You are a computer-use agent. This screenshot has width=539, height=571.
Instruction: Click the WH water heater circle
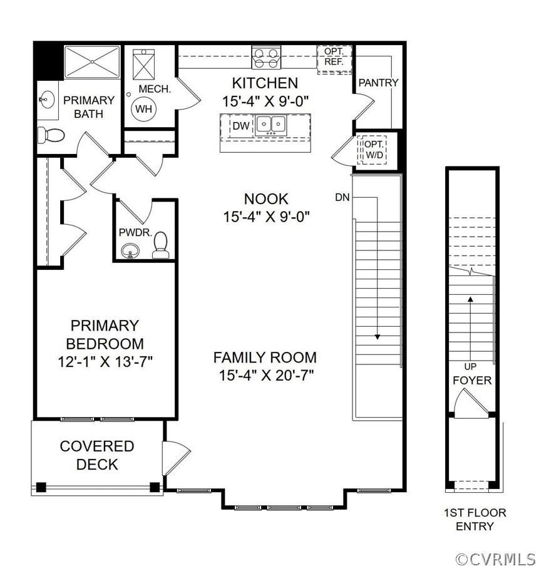click(x=144, y=109)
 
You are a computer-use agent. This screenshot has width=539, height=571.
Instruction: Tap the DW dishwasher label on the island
click(x=242, y=126)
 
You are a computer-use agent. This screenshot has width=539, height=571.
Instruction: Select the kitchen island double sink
click(x=270, y=125)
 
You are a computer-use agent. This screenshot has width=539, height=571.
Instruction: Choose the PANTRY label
click(x=378, y=83)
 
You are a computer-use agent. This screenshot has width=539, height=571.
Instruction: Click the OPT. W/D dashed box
click(x=374, y=149)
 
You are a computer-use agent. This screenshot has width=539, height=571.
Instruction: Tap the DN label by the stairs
click(x=342, y=197)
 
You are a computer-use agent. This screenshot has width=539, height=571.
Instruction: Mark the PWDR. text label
click(x=132, y=232)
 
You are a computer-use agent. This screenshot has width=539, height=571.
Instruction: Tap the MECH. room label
click(x=154, y=89)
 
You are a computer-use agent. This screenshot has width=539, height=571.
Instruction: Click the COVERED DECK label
click(x=97, y=455)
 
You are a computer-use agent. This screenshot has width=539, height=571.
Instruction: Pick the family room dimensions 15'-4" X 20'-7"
click(x=265, y=375)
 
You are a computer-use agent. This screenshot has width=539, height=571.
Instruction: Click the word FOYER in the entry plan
click(x=472, y=380)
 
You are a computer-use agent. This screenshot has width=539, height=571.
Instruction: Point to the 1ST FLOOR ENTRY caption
click(x=475, y=519)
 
